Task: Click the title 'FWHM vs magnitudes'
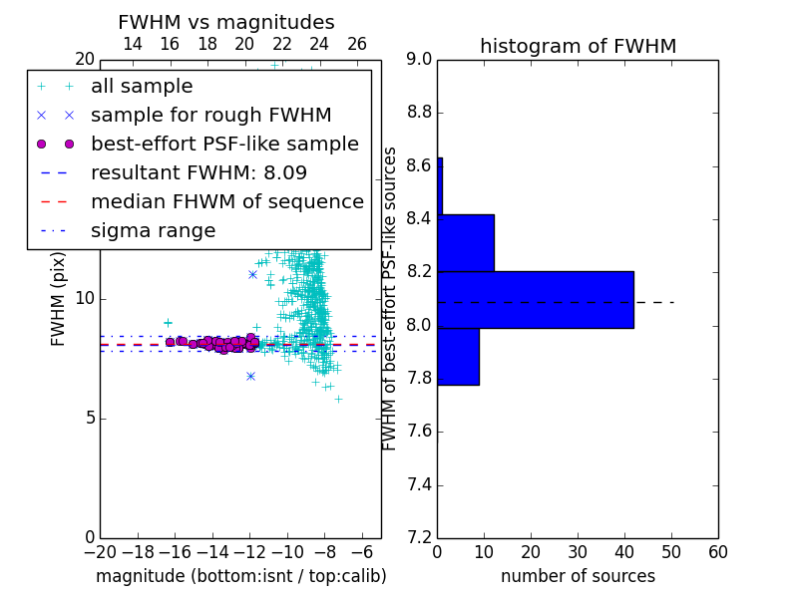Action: coord(226,22)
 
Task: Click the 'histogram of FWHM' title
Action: coord(579,46)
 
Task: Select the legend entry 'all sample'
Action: coord(142,87)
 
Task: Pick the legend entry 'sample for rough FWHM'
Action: coord(211,116)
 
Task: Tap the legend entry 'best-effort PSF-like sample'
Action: coord(225,144)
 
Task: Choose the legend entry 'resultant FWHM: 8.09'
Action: coord(199,172)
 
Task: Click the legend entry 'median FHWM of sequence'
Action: coord(227,202)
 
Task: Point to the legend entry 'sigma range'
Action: coord(154,231)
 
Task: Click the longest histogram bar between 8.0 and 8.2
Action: coord(536,300)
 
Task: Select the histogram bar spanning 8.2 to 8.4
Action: coord(466,243)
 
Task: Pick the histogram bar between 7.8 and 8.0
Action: coord(459,357)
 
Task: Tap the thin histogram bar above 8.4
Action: coord(440,186)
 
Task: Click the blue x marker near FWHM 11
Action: coord(252,275)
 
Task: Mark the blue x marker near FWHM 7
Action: coord(250,377)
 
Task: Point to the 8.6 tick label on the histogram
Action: coord(419,165)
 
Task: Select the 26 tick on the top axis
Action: coord(357,44)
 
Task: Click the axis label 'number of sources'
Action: coord(579,576)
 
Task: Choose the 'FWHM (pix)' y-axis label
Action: coord(58,300)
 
